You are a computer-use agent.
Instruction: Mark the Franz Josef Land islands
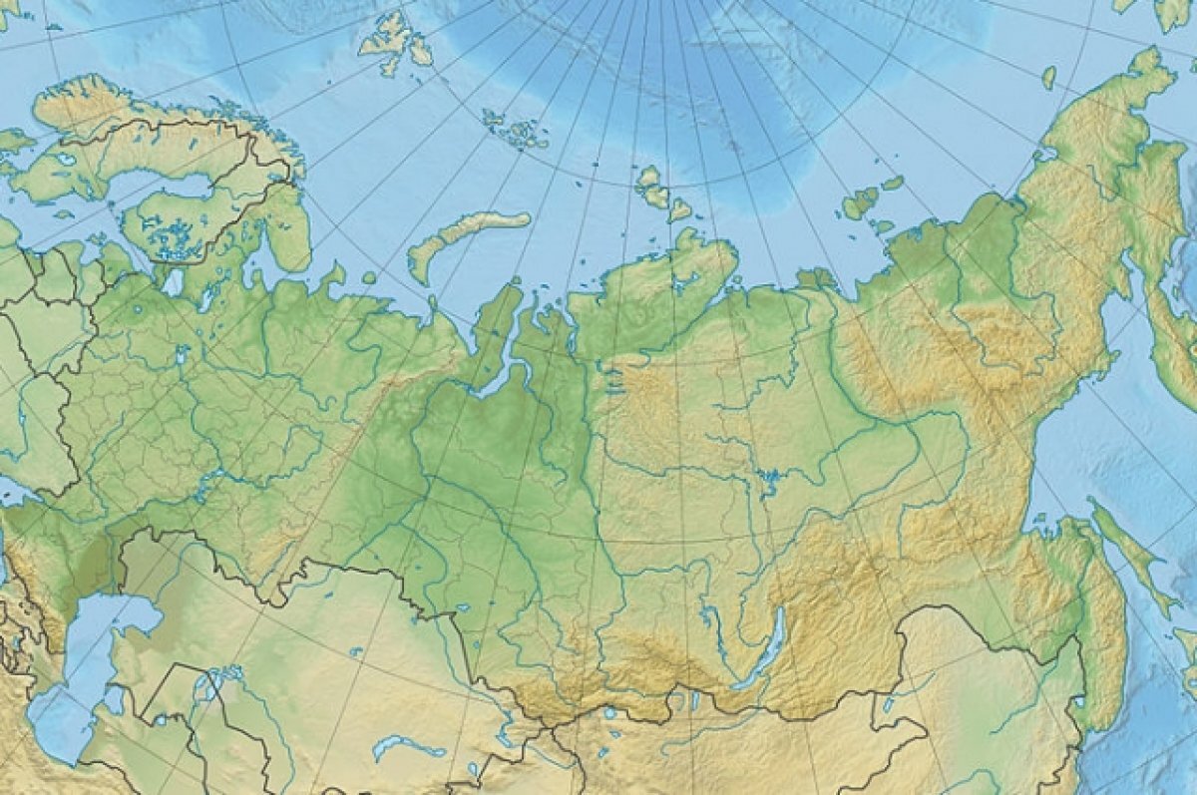(514, 128)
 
